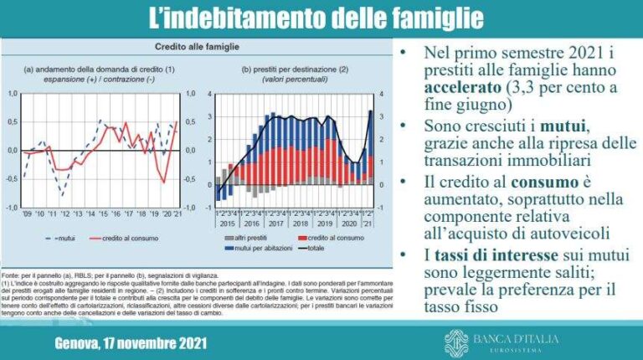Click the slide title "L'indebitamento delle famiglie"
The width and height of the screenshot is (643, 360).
[321, 18]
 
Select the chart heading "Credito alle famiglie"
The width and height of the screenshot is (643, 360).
[197, 48]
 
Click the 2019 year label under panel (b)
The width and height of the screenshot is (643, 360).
[326, 224]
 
